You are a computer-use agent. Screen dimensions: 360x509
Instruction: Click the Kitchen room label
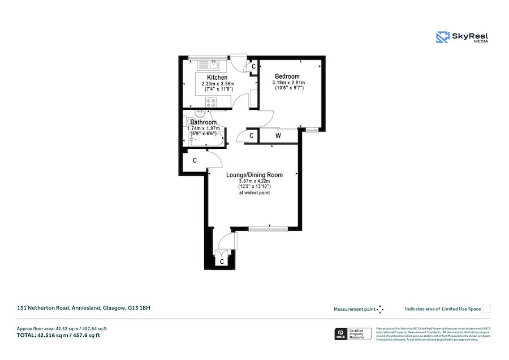click(217, 78)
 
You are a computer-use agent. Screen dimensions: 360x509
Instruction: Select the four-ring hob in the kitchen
click(212, 102)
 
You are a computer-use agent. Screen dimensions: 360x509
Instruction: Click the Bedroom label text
click(287, 76)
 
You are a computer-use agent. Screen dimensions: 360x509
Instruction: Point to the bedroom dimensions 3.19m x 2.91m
click(288, 83)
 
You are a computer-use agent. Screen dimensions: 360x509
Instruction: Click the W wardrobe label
click(278, 136)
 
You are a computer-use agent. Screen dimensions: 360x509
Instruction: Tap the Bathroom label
click(203, 122)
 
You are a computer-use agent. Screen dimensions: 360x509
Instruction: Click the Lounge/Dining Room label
click(254, 175)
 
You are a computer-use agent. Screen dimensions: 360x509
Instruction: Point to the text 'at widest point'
click(254, 193)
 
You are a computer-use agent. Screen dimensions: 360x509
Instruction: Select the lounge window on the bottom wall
click(268, 229)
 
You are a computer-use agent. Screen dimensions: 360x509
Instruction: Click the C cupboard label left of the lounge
click(195, 161)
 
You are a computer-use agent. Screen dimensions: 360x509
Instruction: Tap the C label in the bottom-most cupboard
click(222, 262)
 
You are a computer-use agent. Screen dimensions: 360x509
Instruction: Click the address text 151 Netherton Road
click(83, 308)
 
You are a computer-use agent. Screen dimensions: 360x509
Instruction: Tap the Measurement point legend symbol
click(381, 309)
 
